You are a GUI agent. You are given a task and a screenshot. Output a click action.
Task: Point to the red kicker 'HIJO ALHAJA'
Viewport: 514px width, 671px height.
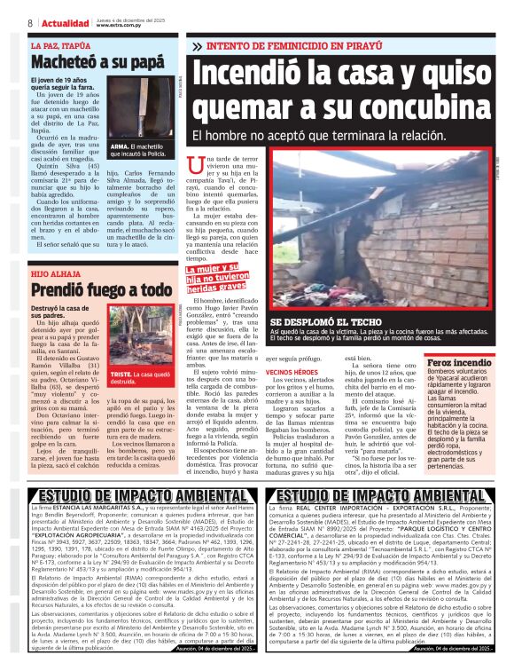55,272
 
